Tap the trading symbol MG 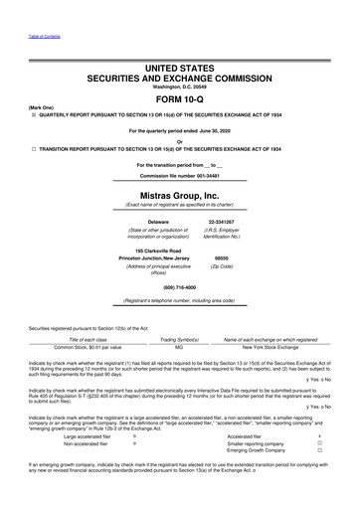coord(178,347)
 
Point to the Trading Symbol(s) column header coord(178,338)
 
